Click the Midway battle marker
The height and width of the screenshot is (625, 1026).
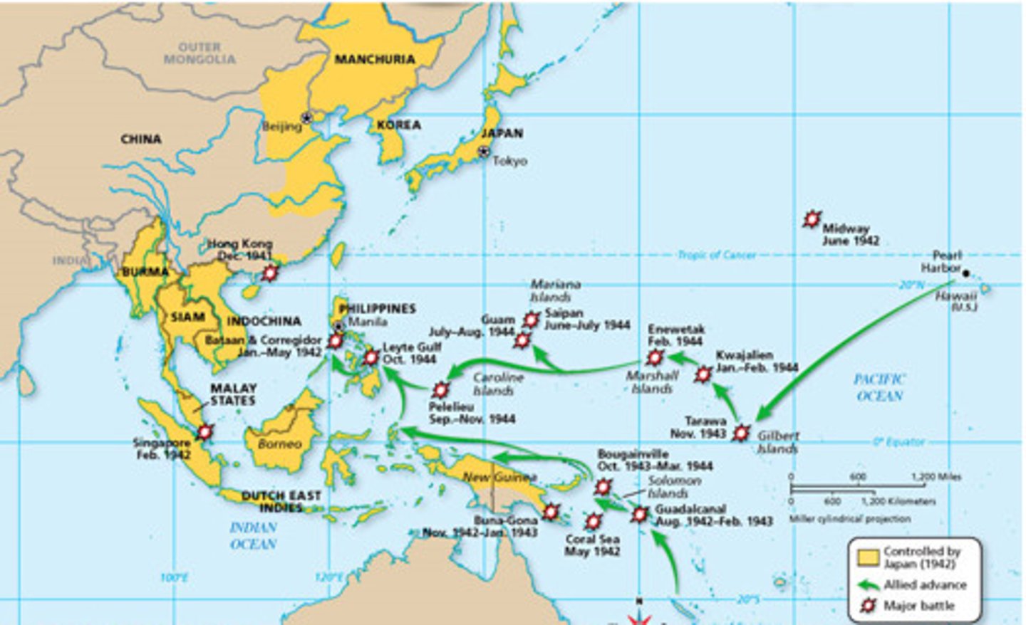tap(812, 220)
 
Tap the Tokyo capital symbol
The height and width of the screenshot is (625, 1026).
tap(484, 151)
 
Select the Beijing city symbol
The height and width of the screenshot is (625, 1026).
tap(307, 118)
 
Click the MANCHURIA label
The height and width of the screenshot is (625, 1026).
tap(374, 59)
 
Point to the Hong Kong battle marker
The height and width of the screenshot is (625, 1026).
tap(270, 273)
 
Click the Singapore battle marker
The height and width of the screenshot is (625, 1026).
tap(205, 431)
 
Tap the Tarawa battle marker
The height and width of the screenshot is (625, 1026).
tap(741, 432)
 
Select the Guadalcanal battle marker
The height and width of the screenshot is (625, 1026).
tap(640, 514)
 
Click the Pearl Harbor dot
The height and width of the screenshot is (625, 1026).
tap(966, 271)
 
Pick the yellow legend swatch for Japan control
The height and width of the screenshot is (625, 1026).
tap(868, 557)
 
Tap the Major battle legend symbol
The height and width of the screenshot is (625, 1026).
tap(868, 606)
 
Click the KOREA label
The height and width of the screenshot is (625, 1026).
tap(398, 125)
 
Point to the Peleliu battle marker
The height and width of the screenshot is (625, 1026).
tap(441, 389)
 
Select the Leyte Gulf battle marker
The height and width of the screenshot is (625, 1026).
tap(370, 357)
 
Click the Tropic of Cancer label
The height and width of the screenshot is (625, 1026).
tap(716, 254)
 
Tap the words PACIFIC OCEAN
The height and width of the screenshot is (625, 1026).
tap(879, 388)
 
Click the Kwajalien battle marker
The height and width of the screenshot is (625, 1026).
tap(703, 374)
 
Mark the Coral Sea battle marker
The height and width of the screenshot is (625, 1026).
tap(593, 522)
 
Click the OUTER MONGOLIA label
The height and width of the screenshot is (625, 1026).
tap(199, 53)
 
